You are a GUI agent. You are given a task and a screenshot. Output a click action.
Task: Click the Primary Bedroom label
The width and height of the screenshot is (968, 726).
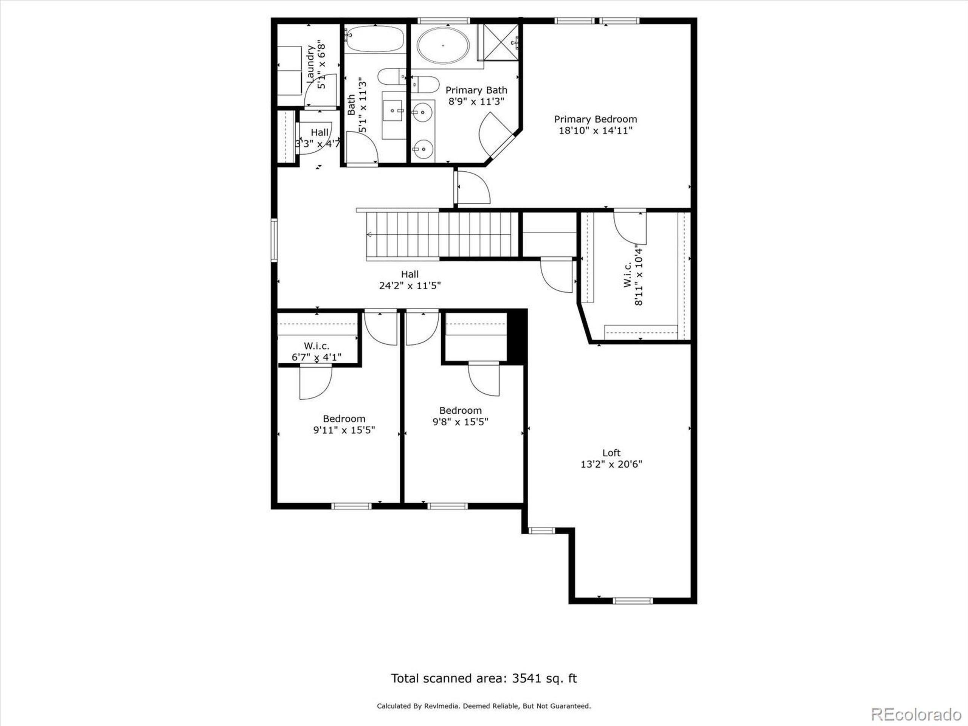(x=595, y=119)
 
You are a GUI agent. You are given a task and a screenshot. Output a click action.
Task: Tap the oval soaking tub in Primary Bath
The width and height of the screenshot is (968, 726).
(x=443, y=45)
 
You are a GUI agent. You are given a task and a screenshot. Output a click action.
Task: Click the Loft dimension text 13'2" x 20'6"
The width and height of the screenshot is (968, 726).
(x=611, y=464)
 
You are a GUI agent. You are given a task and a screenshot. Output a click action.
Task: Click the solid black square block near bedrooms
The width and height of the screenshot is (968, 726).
(x=517, y=336)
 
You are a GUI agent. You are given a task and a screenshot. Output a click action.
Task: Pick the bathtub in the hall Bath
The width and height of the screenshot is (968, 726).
(x=375, y=39)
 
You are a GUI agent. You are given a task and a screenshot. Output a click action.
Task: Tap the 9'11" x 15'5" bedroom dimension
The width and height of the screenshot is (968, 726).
(x=344, y=430)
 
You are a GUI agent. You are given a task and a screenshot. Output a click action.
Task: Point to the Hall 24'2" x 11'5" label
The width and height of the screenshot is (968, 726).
(x=410, y=280)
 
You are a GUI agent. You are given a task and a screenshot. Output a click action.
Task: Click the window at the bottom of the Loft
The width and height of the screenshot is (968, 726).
(x=632, y=601)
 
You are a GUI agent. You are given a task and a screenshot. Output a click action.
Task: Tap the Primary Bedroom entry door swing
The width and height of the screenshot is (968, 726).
(x=473, y=187)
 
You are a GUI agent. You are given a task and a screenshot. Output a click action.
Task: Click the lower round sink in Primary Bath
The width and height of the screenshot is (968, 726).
(x=423, y=149)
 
